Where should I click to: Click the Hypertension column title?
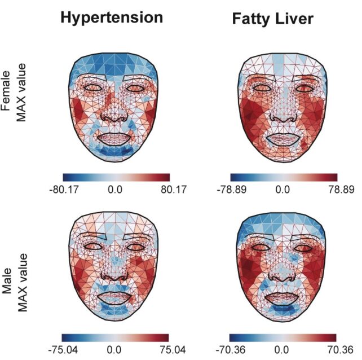tap(112, 17)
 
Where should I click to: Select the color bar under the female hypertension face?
tap(116, 177)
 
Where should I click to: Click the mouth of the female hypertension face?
tap(114, 137)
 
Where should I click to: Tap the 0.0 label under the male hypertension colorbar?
tap(115, 348)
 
